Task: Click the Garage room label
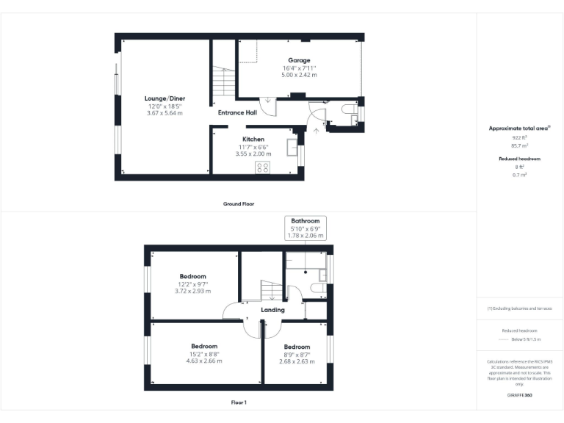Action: tap(299, 60)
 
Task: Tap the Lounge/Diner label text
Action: tap(164, 98)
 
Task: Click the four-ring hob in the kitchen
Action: tap(262, 167)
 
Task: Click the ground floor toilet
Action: tap(350, 110)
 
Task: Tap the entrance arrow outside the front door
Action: tap(317, 130)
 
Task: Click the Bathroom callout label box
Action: tap(305, 227)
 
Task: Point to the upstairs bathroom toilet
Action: tap(319, 288)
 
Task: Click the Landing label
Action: tap(272, 310)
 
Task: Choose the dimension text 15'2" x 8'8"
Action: tap(204, 354)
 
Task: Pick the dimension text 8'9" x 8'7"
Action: tap(297, 354)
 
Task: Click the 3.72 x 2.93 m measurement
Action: tap(193, 292)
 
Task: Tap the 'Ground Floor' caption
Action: tap(239, 203)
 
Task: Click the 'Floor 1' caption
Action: tap(239, 402)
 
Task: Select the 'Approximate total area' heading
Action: tap(518, 129)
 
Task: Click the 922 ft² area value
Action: tap(520, 137)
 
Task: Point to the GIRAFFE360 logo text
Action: tap(520, 395)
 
